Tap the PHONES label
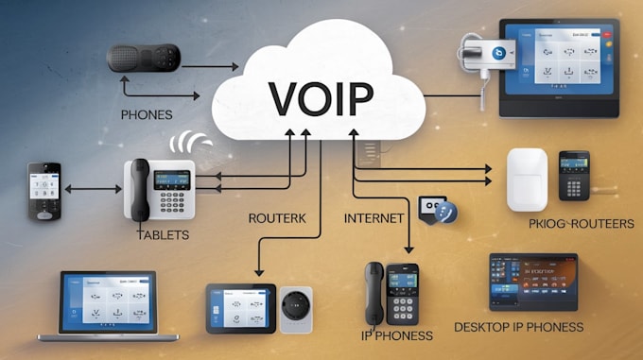tap(146, 115)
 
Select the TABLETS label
tap(164, 234)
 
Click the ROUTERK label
tap(277, 217)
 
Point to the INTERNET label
tap(374, 218)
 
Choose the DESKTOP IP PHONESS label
tap(518, 328)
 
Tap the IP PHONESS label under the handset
tap(397, 335)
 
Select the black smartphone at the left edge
tap(43, 191)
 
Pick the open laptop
tap(109, 304)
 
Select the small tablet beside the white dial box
tap(240, 307)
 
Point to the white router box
tap(527, 179)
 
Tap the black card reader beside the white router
tap(573, 175)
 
